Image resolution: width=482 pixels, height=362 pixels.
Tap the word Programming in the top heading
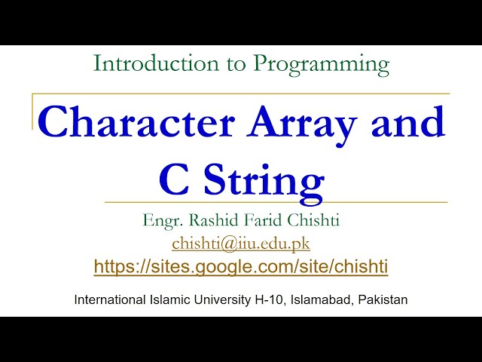pos(322,66)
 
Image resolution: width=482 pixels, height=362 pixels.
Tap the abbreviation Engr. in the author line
pos(161,222)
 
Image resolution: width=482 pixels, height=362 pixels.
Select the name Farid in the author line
pos(264,221)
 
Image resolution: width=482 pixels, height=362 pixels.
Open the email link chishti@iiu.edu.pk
pos(241,244)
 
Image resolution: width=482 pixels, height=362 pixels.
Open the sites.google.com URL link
pos(241,266)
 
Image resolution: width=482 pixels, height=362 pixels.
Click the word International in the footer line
pos(109,299)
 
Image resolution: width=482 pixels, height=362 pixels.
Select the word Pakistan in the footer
pos(383,299)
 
